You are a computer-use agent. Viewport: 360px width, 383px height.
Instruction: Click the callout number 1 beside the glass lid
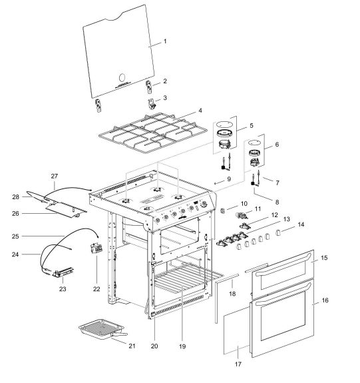click(x=166, y=43)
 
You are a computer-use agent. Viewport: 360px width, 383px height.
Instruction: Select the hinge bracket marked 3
click(x=152, y=101)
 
